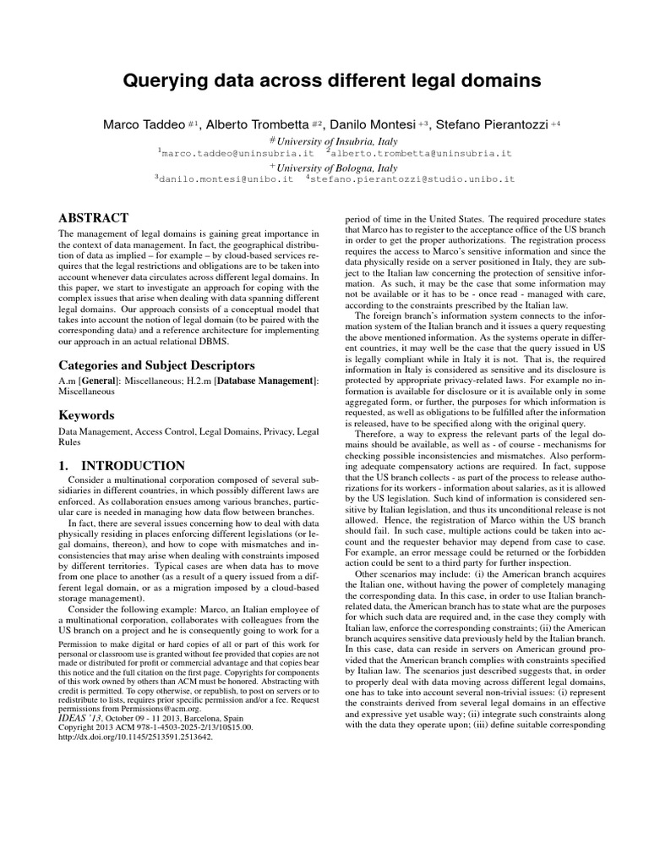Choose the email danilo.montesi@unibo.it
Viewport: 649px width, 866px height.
click(226, 179)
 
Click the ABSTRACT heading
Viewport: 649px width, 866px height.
click(92, 218)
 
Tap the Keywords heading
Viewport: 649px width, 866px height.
click(85, 415)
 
